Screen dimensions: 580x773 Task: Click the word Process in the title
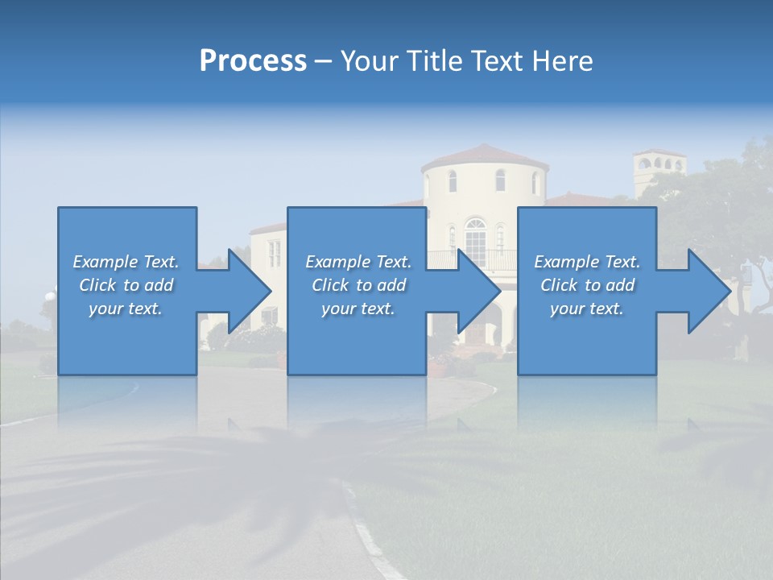pos(253,61)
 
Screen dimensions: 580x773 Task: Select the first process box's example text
pos(126,285)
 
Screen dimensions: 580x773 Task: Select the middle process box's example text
pos(358,285)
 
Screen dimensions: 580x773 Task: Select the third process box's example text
pos(587,285)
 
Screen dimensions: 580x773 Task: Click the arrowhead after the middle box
pos(478,291)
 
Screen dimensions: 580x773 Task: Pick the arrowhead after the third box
pos(709,291)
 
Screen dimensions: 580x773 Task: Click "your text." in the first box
pos(126,309)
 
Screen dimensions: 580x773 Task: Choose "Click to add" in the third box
pos(587,285)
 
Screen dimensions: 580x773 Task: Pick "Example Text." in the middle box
pos(358,262)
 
